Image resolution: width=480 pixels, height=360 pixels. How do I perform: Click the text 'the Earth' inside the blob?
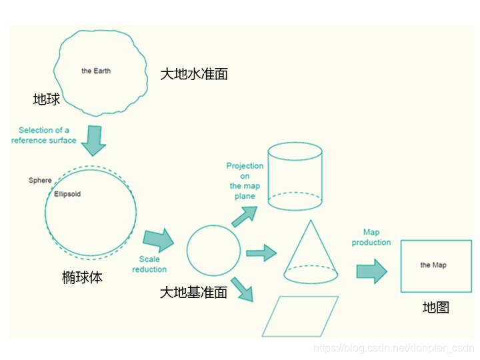tap(96, 71)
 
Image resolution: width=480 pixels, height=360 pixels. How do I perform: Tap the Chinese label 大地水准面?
tap(194, 74)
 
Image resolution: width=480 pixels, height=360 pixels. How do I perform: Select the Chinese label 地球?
tap(47, 99)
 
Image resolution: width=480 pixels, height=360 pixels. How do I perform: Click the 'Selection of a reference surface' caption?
tap(44, 135)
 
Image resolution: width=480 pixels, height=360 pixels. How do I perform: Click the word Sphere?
tap(40, 181)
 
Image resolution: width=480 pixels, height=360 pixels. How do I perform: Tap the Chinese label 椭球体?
tap(82, 277)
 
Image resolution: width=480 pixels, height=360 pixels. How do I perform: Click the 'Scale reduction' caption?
tap(149, 264)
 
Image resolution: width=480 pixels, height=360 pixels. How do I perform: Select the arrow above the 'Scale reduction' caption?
tap(157, 239)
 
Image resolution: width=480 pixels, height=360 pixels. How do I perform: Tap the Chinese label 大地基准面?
tap(194, 292)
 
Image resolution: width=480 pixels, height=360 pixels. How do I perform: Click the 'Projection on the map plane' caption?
tap(245, 181)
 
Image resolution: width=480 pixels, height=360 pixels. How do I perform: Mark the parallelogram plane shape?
tap(300, 316)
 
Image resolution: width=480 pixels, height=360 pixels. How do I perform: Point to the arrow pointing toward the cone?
tap(261, 253)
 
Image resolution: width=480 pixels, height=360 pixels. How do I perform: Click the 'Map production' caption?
tap(371, 237)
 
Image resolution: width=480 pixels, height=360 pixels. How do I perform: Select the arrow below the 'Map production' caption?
tap(371, 271)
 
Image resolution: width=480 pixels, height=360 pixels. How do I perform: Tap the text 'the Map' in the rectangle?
tap(433, 265)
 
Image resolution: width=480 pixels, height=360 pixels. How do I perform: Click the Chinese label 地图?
tap(435, 307)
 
